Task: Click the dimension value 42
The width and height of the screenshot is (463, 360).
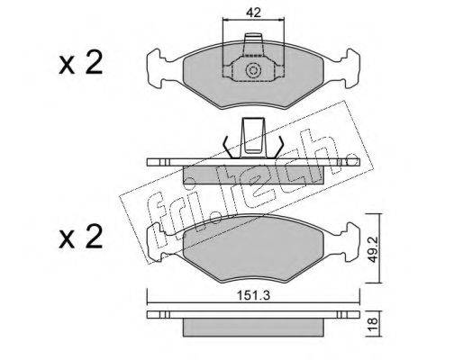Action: click(253, 13)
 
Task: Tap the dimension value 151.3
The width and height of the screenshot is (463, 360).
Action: click(254, 295)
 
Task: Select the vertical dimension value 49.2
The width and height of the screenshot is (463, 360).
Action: click(373, 248)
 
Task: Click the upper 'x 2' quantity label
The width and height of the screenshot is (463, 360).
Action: click(81, 62)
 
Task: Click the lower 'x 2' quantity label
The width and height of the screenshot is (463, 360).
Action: click(81, 237)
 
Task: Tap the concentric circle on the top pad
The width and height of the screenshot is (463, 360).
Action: click(253, 71)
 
